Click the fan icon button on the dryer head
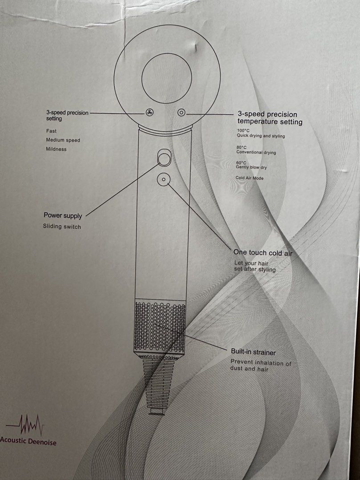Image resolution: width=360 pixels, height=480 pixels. [149, 112]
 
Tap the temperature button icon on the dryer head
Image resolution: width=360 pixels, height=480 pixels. [181, 112]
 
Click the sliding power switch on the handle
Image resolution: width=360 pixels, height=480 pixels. [163, 157]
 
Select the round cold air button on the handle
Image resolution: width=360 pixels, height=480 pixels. [163, 179]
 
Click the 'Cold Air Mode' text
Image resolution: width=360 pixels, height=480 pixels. [249, 178]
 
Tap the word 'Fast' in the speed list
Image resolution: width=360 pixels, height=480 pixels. [52, 131]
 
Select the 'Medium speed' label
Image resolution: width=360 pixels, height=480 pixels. [63, 140]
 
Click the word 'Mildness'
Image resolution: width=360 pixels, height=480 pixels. [56, 149]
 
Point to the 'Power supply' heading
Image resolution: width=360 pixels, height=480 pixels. [63, 216]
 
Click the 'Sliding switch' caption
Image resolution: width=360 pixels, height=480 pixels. [62, 227]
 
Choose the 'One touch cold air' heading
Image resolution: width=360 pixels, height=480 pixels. [263, 253]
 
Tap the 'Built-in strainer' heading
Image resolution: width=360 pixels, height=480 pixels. [253, 352]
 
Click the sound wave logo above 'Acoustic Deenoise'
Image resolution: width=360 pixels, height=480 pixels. [25, 424]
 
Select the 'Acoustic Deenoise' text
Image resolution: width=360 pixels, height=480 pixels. [28, 441]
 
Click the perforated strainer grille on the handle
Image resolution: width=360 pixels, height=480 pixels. [160, 326]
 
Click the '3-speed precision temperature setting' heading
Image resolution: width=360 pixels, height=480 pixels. [270, 118]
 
